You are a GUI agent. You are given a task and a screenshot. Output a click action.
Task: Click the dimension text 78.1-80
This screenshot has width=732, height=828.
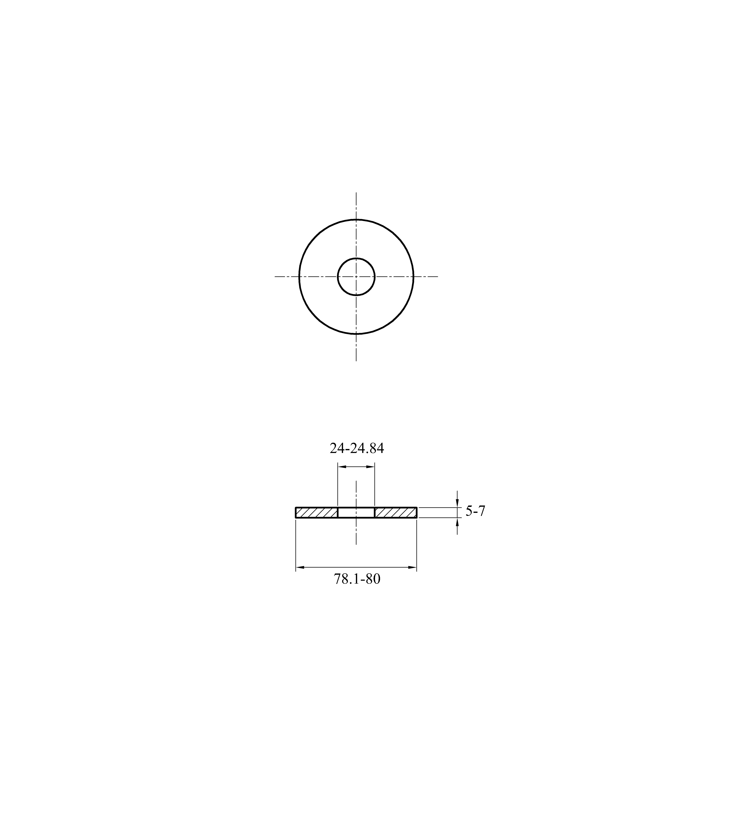(357, 579)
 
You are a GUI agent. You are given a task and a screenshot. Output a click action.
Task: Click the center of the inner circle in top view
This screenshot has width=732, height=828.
(356, 277)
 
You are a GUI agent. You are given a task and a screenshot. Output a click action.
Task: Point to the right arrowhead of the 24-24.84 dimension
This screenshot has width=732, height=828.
(370, 467)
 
